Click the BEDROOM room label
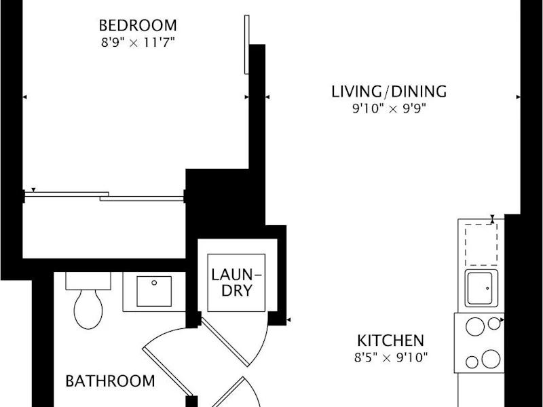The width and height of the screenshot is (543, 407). click(x=138, y=25)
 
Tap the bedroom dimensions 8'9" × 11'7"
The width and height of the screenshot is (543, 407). click(x=138, y=43)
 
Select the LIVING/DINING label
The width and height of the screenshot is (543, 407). click(x=389, y=92)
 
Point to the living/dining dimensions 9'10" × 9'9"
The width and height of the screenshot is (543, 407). click(x=389, y=109)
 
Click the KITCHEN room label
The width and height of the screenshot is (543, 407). click(x=391, y=341)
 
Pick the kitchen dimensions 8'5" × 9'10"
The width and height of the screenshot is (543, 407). click(x=391, y=357)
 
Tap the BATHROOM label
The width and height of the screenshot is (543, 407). click(x=110, y=381)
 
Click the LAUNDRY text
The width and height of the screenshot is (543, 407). click(x=236, y=282)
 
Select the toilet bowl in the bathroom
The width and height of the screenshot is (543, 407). click(x=88, y=309)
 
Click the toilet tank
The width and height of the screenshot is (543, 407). click(x=88, y=281)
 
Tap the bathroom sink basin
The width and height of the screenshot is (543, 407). click(x=154, y=291)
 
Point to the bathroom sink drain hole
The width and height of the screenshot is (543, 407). click(x=154, y=283)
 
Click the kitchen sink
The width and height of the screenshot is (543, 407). click(x=481, y=288)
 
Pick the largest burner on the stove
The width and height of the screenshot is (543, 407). click(x=491, y=359)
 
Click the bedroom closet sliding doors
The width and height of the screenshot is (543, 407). click(x=104, y=196)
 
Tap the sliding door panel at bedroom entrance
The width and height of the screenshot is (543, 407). click(x=246, y=44)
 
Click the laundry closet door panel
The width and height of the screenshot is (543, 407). click(x=225, y=342)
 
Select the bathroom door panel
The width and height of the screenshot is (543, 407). click(x=168, y=371)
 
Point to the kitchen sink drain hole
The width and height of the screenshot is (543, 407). click(x=487, y=288)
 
